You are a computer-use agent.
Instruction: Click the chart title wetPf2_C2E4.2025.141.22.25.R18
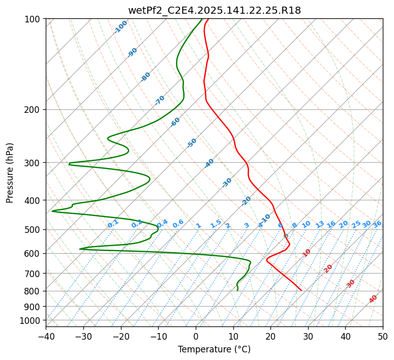pos(214,10)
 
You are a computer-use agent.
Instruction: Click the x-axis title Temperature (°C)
pos(214,350)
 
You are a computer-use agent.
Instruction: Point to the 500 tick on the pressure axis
pos(34,230)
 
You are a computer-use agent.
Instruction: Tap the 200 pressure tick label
pos(34,110)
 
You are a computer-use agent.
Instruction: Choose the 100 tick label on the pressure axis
pos(34,19)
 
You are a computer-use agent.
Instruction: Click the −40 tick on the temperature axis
pos(46,337)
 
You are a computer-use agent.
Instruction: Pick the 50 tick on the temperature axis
pos(383,337)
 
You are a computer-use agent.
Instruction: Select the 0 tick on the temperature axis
pos(196,337)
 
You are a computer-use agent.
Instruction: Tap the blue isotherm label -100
pos(121,26)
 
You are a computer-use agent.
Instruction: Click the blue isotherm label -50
pos(192,143)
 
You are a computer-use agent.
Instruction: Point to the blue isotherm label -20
pos(246,201)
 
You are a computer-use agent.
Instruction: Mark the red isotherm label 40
pos(373,299)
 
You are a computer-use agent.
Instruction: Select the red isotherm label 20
pos(328,268)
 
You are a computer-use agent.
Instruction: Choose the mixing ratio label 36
pos(377,224)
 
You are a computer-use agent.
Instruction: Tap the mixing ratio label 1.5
pos(216,224)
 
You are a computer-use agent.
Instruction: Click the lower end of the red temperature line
pos(301,290)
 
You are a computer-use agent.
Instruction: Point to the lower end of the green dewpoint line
pos(237,290)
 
